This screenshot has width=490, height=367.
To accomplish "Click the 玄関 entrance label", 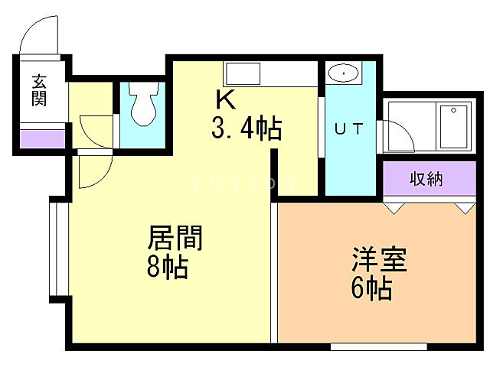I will click(38, 89).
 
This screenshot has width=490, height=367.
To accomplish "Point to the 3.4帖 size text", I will click(247, 127).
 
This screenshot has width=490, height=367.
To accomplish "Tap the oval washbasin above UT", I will click(344, 74).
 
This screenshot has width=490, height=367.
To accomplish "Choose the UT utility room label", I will click(348, 128).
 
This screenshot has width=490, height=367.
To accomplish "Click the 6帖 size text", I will click(372, 289).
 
